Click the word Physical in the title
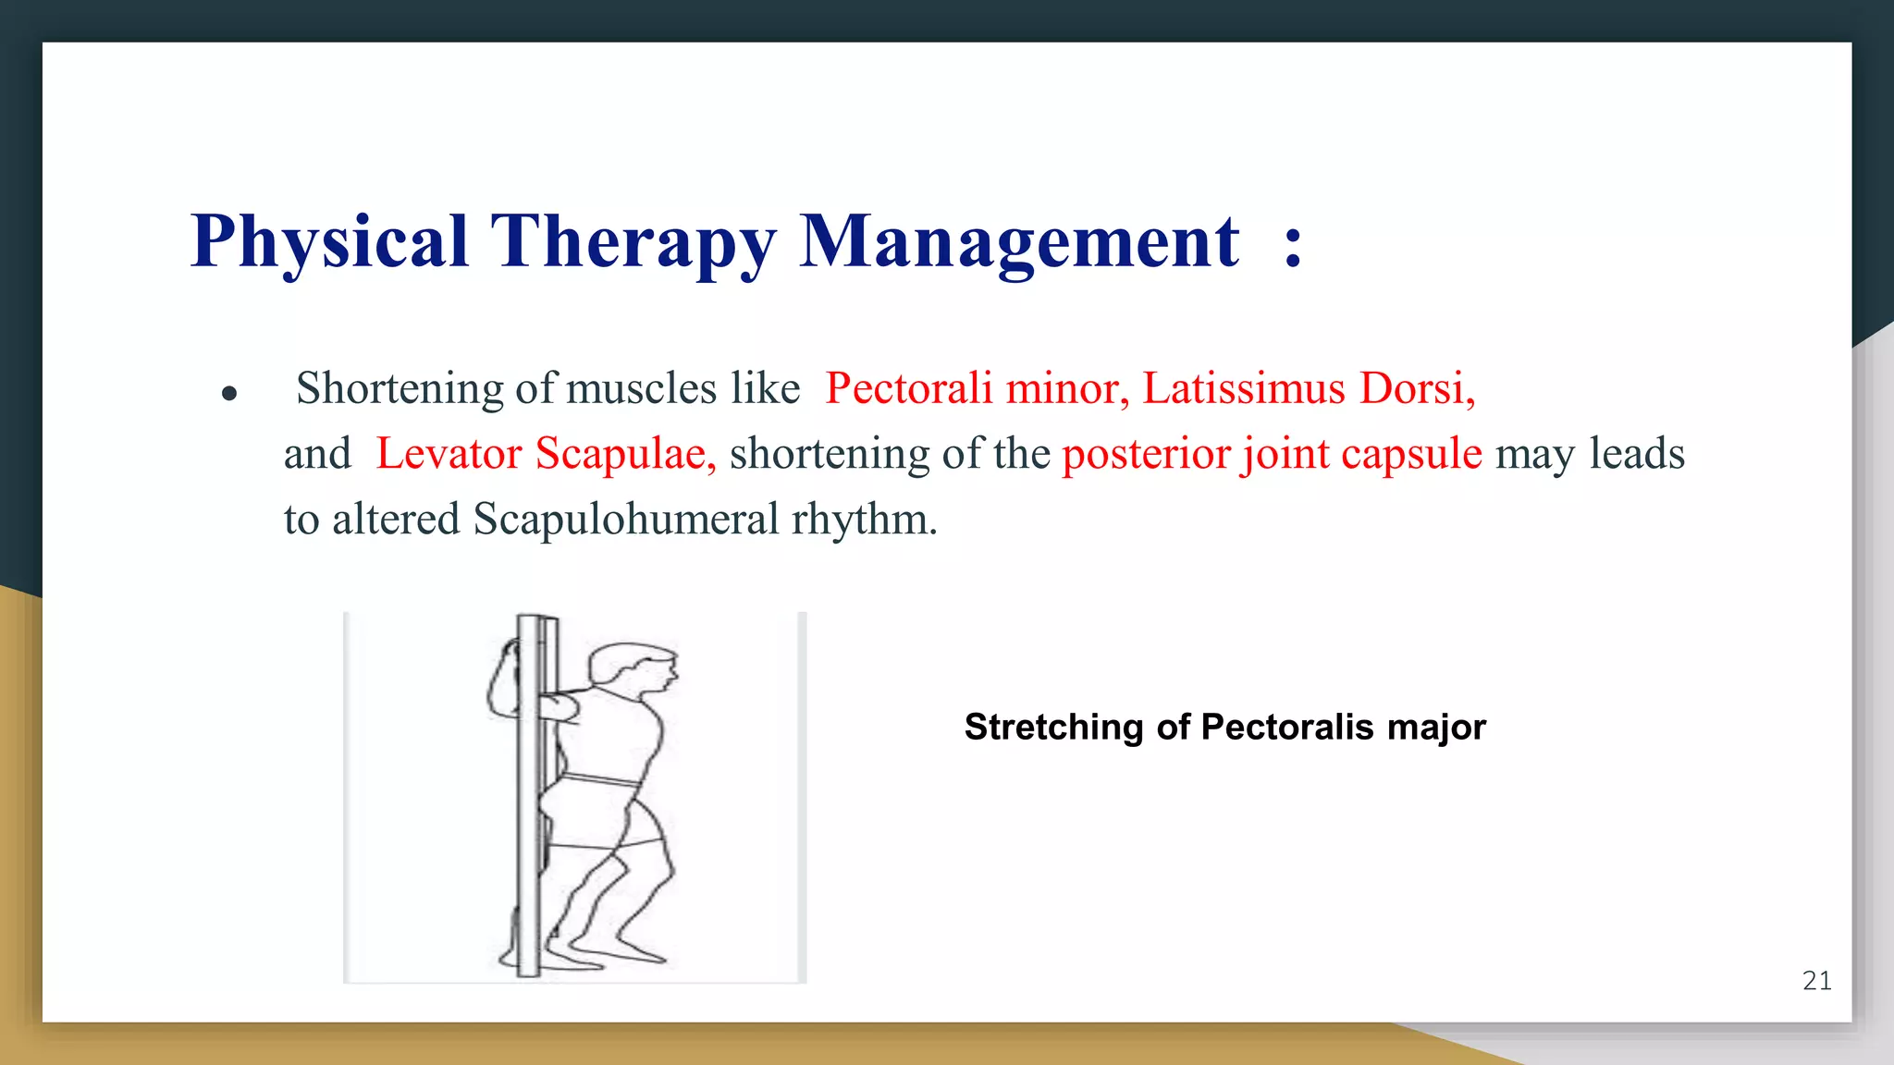[329, 242]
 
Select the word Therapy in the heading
[633, 242]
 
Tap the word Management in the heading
[1018, 242]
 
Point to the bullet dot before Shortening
[230, 394]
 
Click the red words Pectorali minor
[977, 388]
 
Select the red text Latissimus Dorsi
[1308, 388]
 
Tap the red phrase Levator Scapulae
[545, 454]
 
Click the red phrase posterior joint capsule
[1272, 454]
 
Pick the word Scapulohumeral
[626, 520]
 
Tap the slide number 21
[1816, 981]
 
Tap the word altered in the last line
[396, 520]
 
